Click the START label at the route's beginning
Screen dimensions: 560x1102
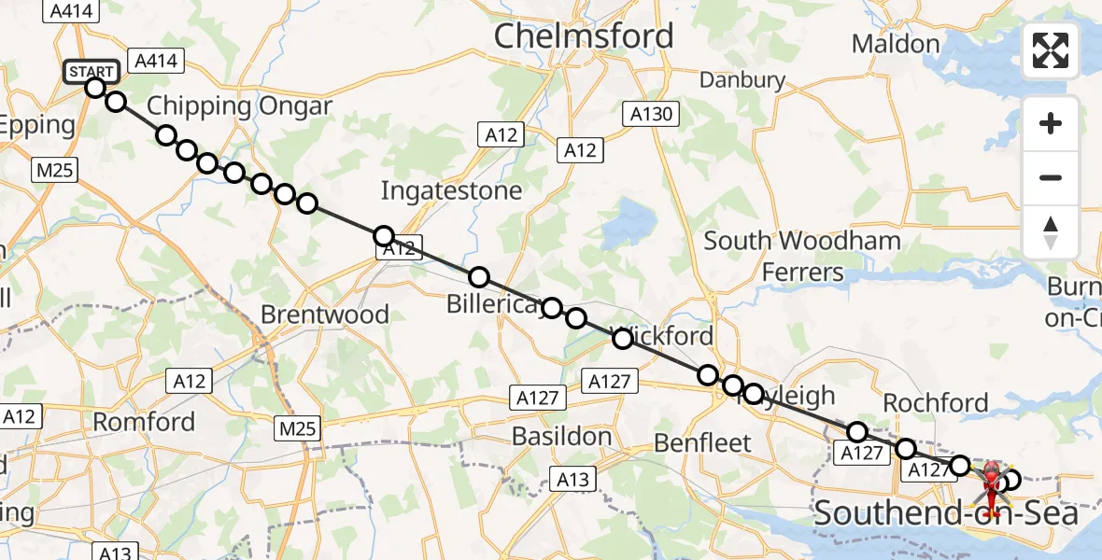[x=92, y=72]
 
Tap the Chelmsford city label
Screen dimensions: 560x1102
[x=583, y=36]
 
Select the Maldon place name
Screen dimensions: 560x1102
[x=896, y=44]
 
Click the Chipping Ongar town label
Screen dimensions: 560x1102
[x=240, y=105]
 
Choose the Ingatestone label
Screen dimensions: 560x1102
[x=451, y=191]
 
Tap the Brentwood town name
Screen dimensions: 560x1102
[x=325, y=315]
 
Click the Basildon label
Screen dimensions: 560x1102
[x=562, y=436]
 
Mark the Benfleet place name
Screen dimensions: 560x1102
[x=702, y=442]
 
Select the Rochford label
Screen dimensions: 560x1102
[x=935, y=402]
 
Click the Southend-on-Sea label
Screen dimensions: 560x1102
[x=947, y=513]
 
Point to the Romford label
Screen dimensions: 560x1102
[x=144, y=422]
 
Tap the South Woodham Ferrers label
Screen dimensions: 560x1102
[x=802, y=256]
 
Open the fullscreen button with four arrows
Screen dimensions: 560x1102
[x=1051, y=50]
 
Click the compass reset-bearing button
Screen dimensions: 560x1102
[x=1051, y=232]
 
